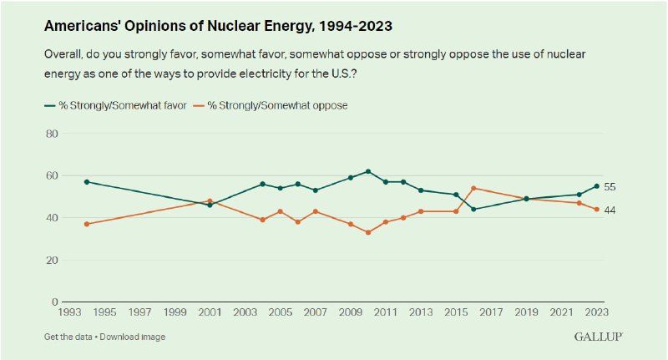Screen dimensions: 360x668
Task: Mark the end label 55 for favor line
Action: coord(610,186)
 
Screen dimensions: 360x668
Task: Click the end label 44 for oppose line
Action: coord(610,210)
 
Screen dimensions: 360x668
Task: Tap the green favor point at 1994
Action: coord(87,181)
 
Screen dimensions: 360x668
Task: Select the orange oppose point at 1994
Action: coord(87,224)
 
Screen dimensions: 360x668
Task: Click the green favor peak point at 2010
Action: coord(368,171)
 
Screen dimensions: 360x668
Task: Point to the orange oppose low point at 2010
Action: coord(368,232)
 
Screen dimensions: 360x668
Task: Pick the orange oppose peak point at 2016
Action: coord(473,188)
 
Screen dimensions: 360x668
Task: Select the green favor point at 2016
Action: coord(473,209)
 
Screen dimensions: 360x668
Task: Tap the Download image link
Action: coord(134,337)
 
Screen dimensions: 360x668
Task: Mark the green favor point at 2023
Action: coord(597,186)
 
